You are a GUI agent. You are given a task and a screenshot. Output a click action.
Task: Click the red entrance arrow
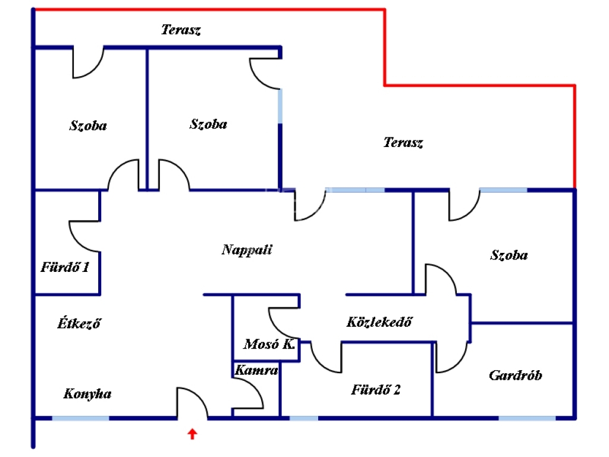192,434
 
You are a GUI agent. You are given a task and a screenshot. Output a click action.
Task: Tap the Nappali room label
247,249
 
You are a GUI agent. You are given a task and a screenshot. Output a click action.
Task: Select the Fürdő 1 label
65,267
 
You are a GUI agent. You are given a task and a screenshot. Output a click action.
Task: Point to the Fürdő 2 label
376,389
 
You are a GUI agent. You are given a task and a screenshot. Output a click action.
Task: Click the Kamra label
256,370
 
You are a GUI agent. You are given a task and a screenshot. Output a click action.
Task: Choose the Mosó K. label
269,344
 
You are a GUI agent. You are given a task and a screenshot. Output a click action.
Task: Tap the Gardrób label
516,375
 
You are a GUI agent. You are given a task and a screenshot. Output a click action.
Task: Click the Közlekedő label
379,322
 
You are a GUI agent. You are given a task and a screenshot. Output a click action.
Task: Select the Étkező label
79,323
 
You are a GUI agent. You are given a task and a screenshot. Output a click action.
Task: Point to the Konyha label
87,394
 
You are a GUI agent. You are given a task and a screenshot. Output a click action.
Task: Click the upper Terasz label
181,30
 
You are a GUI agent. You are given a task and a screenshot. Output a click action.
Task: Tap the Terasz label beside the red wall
403,142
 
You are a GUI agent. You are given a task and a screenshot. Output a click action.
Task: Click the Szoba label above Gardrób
509,255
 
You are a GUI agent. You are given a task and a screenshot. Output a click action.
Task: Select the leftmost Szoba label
88,126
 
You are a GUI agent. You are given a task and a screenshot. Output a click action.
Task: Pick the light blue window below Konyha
81,418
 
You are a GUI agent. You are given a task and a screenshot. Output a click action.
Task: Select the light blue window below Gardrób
527,418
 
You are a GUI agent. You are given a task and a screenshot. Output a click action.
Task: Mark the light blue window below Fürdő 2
304,418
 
